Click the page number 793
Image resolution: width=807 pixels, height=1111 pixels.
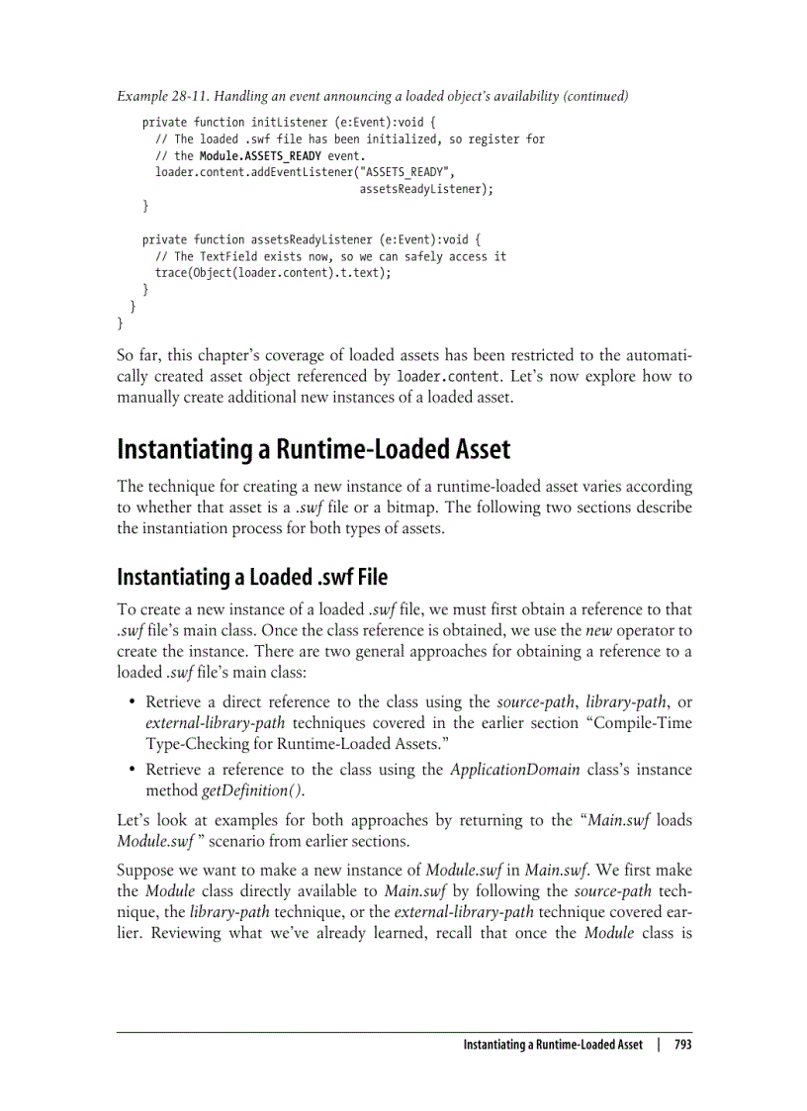point(681,1045)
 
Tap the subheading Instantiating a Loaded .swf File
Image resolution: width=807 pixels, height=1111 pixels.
point(252,576)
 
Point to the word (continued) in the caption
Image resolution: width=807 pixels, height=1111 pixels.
point(595,97)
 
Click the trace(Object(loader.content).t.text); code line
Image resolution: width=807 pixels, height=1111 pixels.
point(273,273)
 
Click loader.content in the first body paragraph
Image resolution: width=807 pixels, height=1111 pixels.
point(441,377)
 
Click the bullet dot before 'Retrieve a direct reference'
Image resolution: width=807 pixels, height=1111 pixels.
point(133,702)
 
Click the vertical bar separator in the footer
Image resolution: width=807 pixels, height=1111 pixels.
point(658,1045)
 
